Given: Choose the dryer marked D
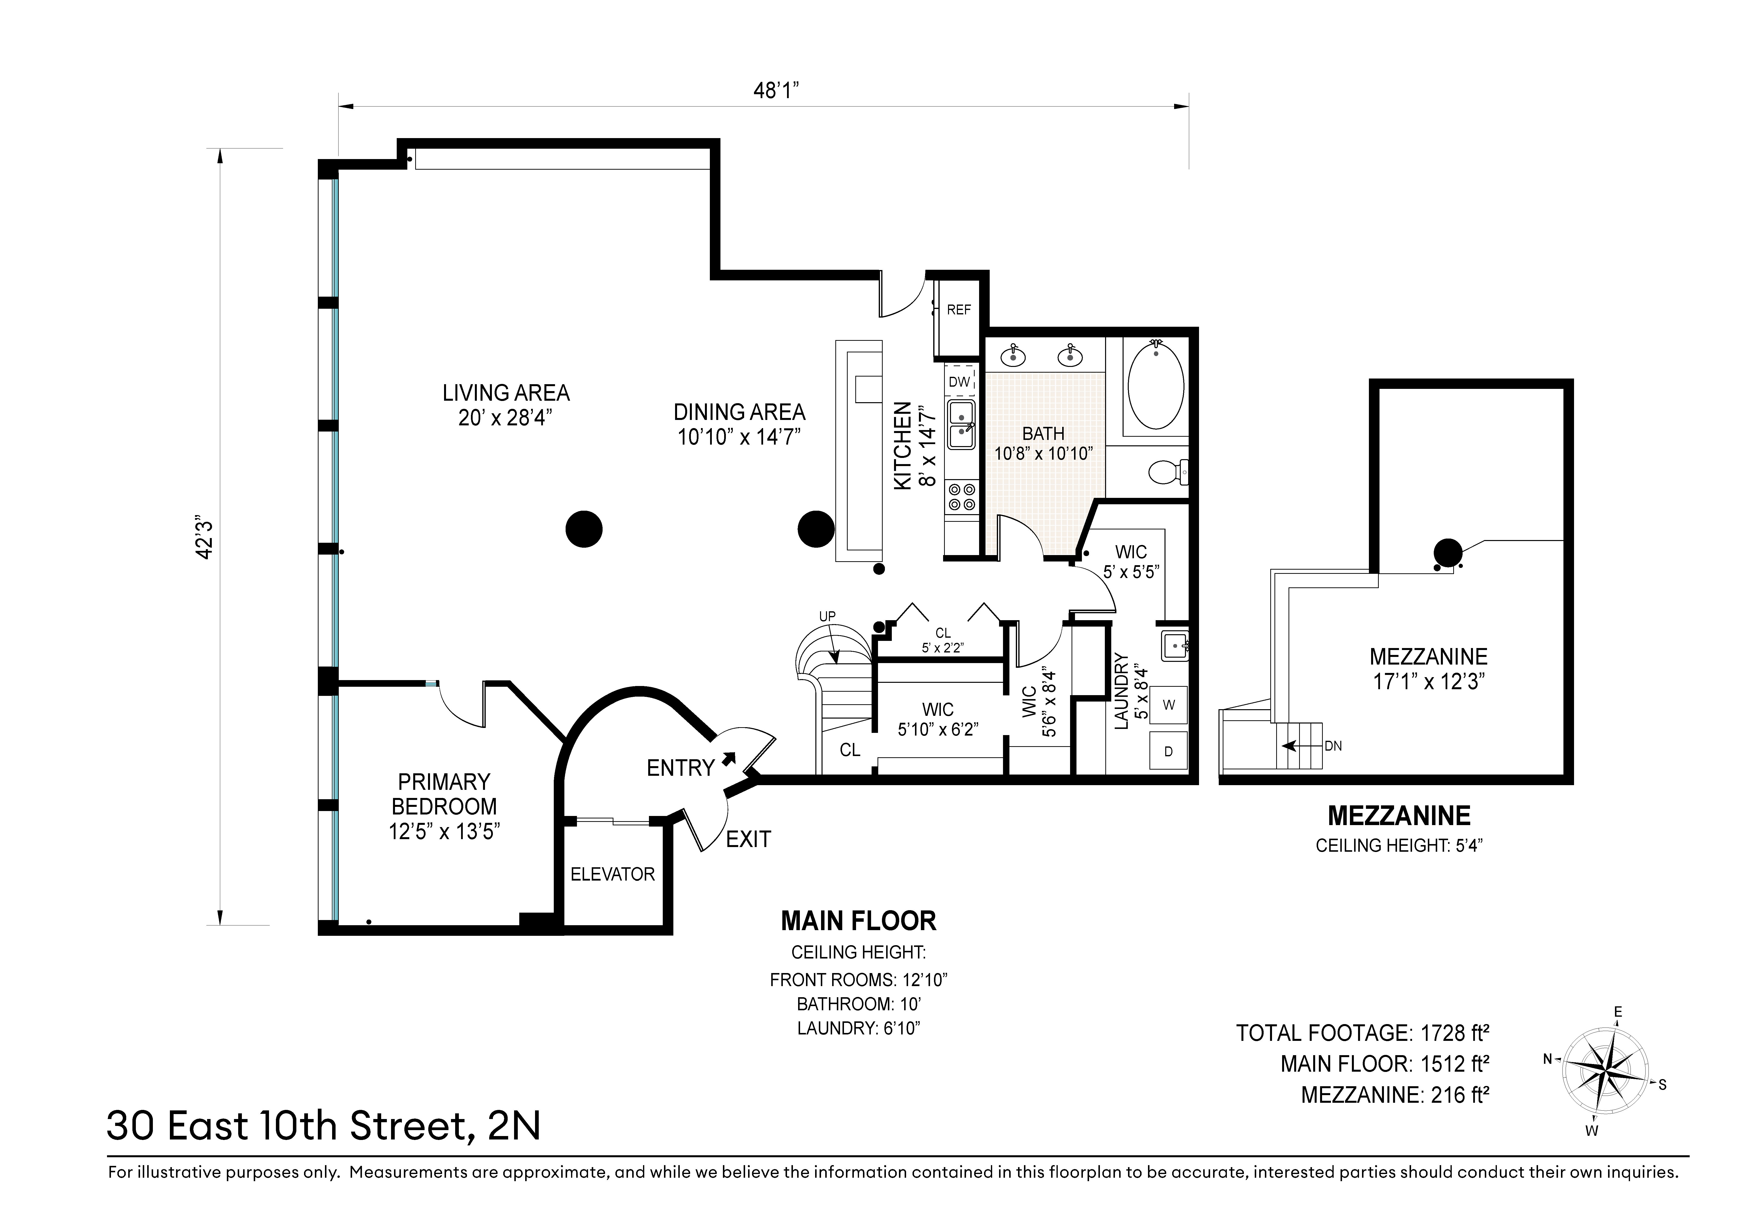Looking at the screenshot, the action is pos(1169,751).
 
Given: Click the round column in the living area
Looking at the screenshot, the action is pos(584,528).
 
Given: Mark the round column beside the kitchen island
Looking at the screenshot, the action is pos(816,528).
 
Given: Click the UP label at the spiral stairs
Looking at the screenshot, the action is pos(827,616).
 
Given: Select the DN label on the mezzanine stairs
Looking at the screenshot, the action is pos(1333,746).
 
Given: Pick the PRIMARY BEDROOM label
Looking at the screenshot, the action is pos(444,794).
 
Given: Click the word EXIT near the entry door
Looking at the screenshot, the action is pos(749,839).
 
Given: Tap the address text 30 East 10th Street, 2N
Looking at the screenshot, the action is pos(324,1125).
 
